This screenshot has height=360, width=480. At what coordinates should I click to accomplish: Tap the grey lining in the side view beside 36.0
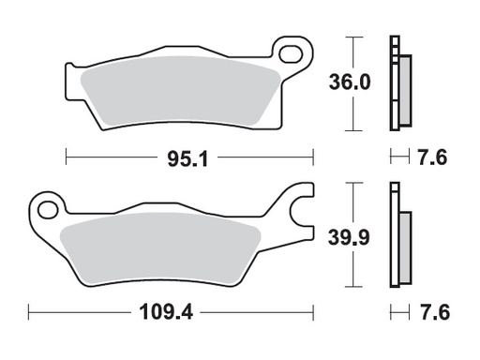click(404, 89)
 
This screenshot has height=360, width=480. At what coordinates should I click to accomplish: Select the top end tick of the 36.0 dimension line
click(352, 37)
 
